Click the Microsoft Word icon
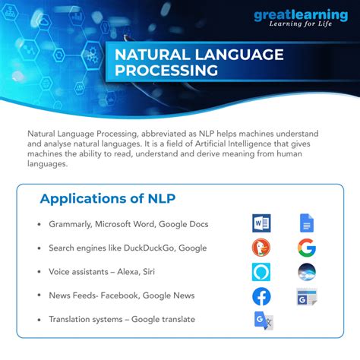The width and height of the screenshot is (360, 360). click(261, 223)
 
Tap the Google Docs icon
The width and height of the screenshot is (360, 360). click(306, 223)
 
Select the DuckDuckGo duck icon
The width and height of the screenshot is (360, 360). click(261, 248)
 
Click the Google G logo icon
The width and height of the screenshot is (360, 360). click(307, 248)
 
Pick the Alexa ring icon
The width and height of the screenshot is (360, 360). click(261, 272)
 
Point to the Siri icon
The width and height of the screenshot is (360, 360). click(307, 272)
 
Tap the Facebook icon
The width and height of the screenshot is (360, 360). click(261, 296)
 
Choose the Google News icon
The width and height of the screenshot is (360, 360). click(307, 296)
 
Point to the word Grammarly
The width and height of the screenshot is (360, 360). click(70, 224)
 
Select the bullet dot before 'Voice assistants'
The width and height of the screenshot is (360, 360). click(38, 272)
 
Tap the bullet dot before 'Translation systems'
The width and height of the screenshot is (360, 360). click(38, 320)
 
